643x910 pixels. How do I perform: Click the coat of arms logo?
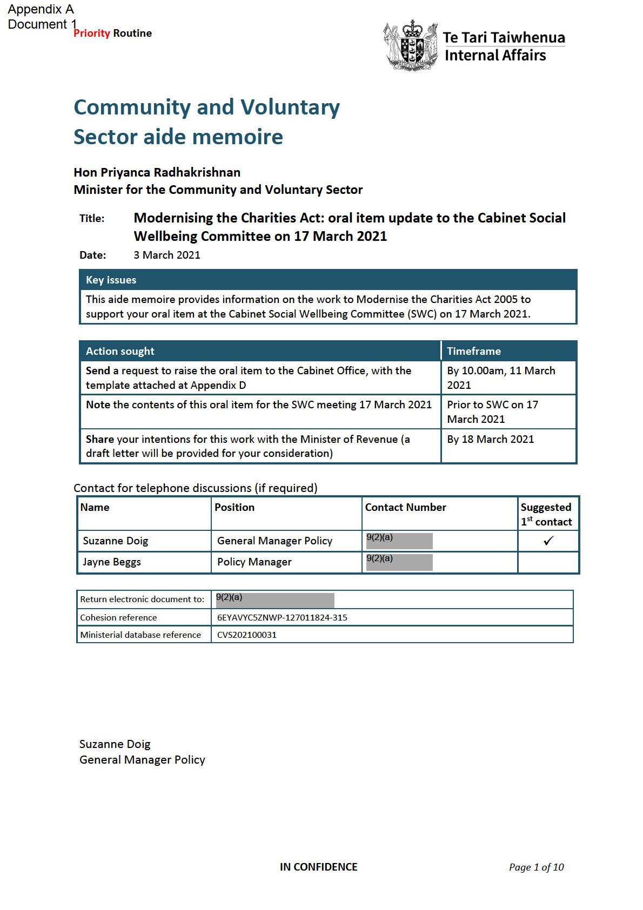pos(411,45)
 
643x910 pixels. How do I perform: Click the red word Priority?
pos(92,33)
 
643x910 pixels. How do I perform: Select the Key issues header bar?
pos(327,280)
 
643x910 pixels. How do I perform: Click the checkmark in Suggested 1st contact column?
pos(548,541)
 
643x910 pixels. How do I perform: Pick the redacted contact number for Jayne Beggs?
pos(399,562)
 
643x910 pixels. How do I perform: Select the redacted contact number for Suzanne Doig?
pos(399,541)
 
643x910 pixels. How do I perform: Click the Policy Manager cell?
pos(254,562)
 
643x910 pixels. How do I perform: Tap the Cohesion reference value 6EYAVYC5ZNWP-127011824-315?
pos(282,617)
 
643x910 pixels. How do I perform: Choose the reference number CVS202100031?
pos(247,635)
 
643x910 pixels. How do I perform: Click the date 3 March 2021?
pos(167,255)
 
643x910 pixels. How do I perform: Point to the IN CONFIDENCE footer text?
pos(318,867)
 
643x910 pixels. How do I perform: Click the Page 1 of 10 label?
pos(536,867)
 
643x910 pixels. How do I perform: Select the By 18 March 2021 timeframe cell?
pos(490,439)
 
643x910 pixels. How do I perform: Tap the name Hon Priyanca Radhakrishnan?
pos(157,172)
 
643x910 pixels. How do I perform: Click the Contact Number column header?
pos(405,507)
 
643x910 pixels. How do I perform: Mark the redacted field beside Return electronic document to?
pos(275,600)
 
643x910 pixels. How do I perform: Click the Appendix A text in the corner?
pos(41,9)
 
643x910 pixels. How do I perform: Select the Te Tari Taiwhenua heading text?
pos(504,38)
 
